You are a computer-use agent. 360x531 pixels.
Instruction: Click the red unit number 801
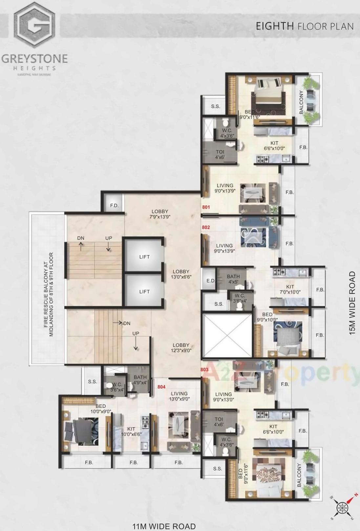point(206,207)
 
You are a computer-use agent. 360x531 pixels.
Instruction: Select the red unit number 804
point(161,387)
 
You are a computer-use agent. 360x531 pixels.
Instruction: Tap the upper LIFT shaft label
point(144,257)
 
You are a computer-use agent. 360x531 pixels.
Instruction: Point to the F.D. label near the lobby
point(114,206)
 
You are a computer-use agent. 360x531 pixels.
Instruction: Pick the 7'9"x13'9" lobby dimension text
point(160,217)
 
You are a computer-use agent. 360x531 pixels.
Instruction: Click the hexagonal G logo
point(34,25)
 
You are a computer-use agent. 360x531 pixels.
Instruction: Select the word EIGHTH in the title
point(275,26)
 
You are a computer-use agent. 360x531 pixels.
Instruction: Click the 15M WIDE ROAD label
point(352,303)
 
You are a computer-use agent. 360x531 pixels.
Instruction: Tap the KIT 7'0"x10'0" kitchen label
point(290,289)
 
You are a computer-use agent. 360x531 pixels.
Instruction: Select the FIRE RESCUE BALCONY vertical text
point(48,295)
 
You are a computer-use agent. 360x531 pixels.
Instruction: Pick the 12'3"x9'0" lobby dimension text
point(181,350)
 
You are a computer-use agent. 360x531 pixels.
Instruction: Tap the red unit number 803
point(204,369)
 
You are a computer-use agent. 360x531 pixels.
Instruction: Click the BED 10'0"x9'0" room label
point(101,409)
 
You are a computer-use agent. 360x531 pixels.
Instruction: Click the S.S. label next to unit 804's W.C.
point(92,382)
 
